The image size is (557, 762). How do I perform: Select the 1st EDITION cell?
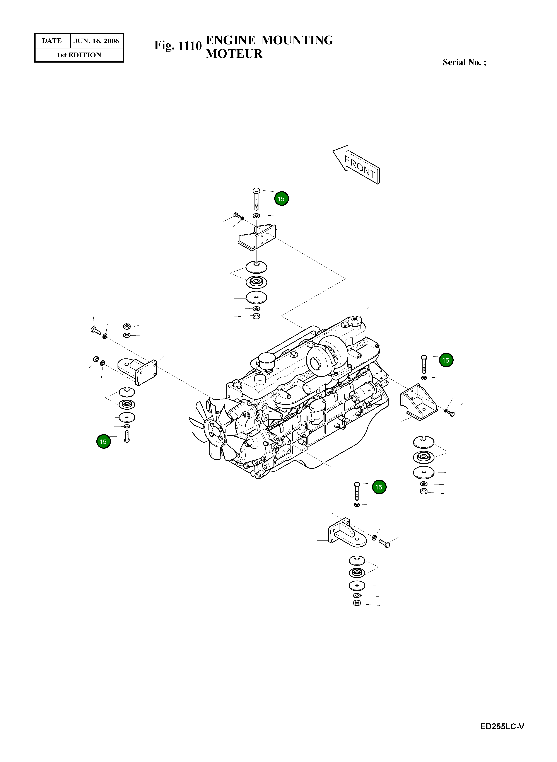click(79, 55)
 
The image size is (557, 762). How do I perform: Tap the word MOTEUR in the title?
click(234, 54)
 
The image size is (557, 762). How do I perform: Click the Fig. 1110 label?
click(178, 46)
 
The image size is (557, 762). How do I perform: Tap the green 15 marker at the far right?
click(446, 360)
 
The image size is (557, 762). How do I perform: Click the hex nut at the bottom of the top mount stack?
click(256, 316)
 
